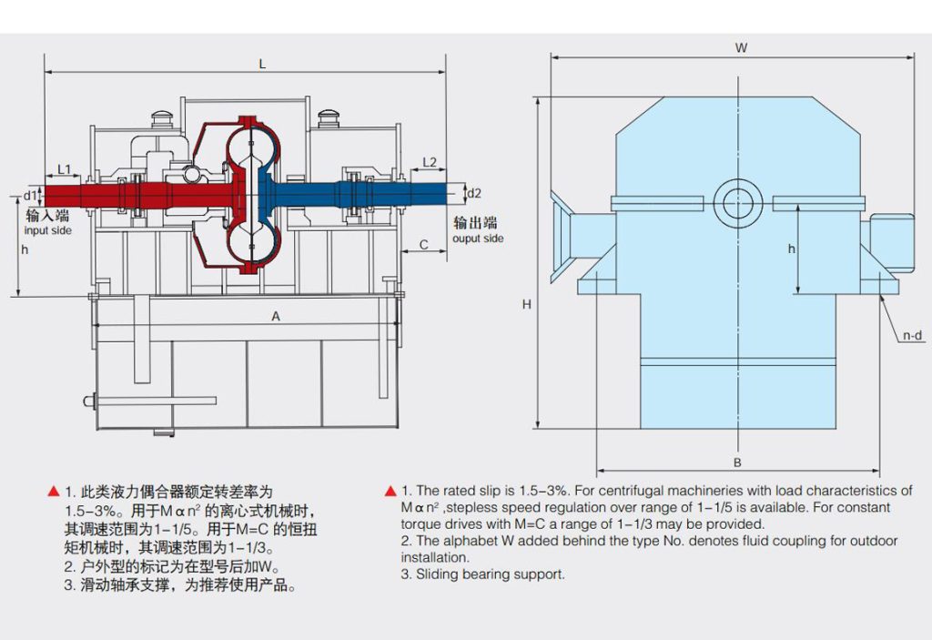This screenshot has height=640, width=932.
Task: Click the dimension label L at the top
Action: click(262, 64)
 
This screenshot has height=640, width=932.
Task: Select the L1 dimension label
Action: click(64, 168)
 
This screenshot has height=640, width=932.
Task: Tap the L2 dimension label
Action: click(431, 162)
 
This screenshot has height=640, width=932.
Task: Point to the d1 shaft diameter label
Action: click(29, 195)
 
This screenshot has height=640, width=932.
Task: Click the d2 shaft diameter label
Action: click(474, 193)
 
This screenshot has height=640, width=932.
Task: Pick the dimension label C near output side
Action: click(423, 244)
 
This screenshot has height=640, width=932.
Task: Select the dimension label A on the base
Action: click(275, 315)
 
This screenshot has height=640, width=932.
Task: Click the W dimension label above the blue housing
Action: click(741, 47)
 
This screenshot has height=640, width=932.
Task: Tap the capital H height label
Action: click(526, 305)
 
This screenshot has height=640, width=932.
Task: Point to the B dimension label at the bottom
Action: click(737, 462)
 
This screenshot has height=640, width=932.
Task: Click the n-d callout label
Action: click(912, 336)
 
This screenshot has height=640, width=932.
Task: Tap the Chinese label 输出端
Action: click(476, 223)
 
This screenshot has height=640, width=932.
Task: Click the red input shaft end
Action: click(55, 195)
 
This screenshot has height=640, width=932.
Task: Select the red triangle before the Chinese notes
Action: click(53, 492)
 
